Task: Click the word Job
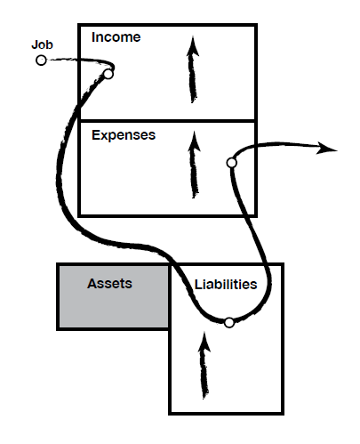[x=42, y=44]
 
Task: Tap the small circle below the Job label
[x=41, y=61]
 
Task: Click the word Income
[x=116, y=37]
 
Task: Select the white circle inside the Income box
[x=108, y=74]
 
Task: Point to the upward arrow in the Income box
[x=193, y=69]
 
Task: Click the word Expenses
[x=124, y=135]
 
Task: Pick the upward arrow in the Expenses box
[x=194, y=165]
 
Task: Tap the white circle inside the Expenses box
[x=231, y=163]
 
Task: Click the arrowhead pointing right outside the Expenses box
[x=327, y=148]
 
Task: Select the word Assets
[x=109, y=284]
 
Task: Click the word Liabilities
[x=226, y=285]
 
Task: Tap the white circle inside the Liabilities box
[x=229, y=322]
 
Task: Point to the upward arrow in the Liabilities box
[x=204, y=366]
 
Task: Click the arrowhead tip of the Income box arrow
[x=193, y=36]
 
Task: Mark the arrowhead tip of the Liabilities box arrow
[x=204, y=332]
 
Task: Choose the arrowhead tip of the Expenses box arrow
[x=195, y=132]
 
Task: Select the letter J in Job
[x=35, y=44]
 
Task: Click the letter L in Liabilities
[x=198, y=285]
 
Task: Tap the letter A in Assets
[x=92, y=284]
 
